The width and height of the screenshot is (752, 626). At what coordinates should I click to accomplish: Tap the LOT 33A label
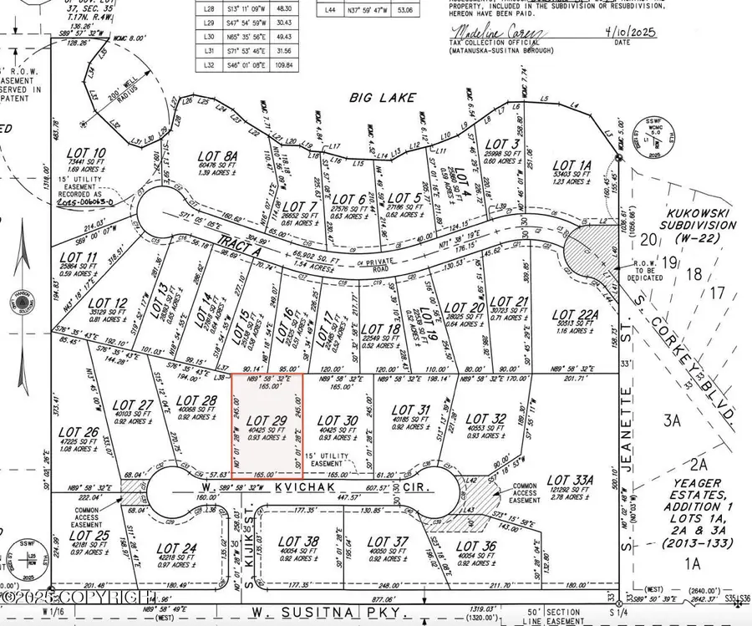pyautogui.click(x=571, y=481)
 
